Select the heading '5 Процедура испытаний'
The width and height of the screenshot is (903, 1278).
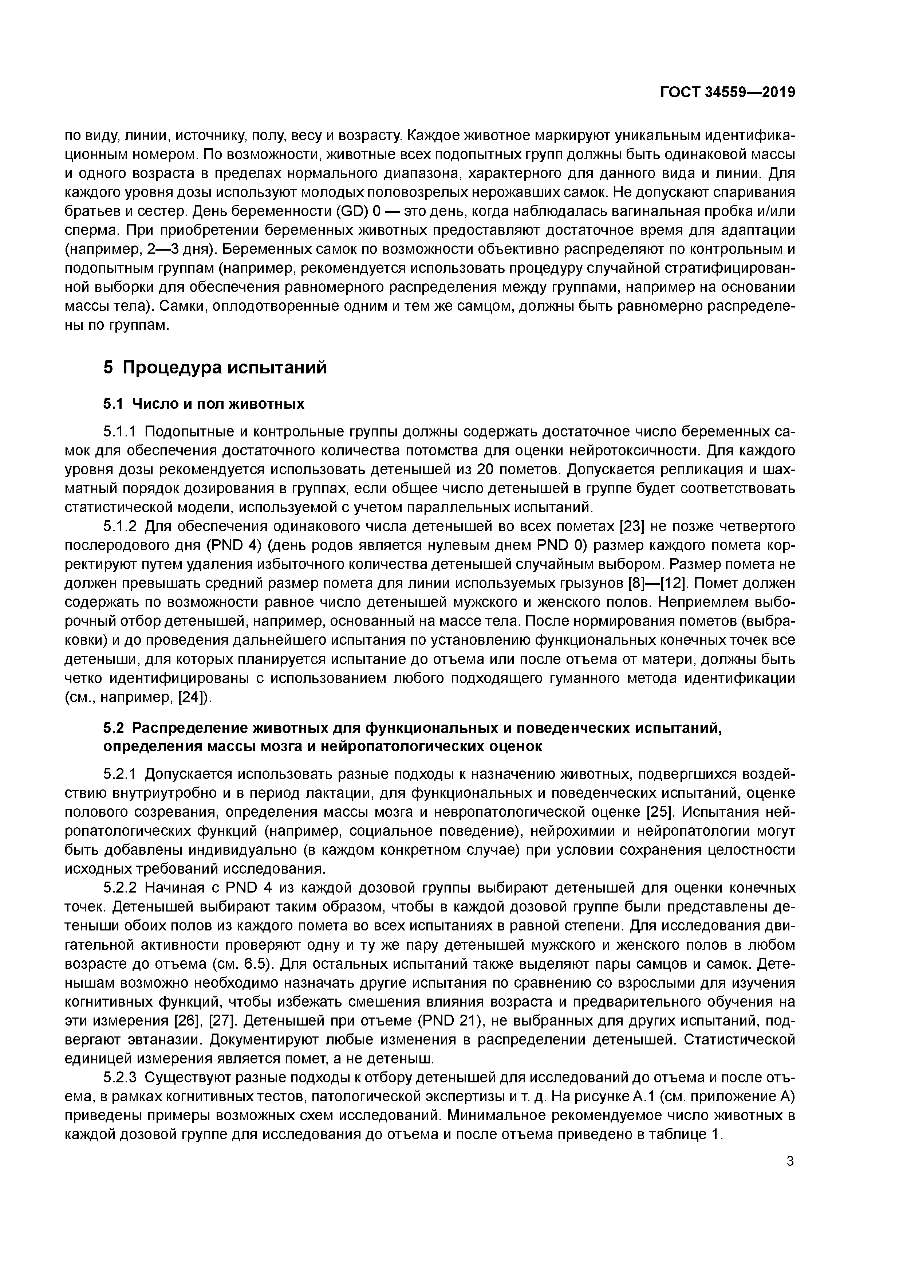click(x=215, y=368)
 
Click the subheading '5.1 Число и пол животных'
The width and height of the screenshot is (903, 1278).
click(x=204, y=404)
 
